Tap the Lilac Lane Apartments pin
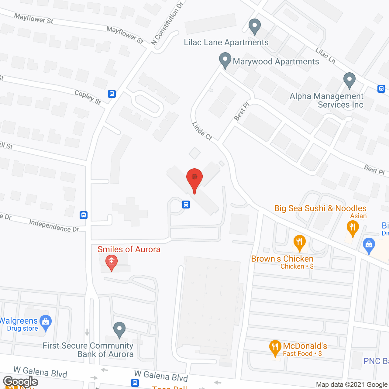click(x=255, y=27)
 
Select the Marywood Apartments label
click(x=276, y=62)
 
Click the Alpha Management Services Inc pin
click(x=349, y=81)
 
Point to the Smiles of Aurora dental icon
click(x=112, y=262)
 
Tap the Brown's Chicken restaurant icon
click(x=300, y=243)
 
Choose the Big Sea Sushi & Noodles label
click(x=320, y=208)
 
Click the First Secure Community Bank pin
click(x=119, y=330)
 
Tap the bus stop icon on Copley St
click(x=112, y=94)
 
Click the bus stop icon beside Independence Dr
click(x=84, y=215)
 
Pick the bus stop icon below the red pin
click(x=186, y=205)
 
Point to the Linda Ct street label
click(x=202, y=131)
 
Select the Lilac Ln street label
click(x=325, y=56)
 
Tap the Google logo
click(x=21, y=382)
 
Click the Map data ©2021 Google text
click(x=352, y=384)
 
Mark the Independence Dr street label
click(x=54, y=225)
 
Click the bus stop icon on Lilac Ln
click(x=381, y=88)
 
